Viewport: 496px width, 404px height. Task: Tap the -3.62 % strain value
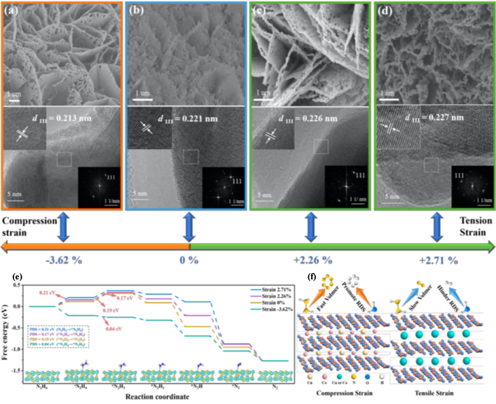[x=64, y=260]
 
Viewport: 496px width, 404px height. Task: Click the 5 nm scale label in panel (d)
[x=393, y=196]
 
